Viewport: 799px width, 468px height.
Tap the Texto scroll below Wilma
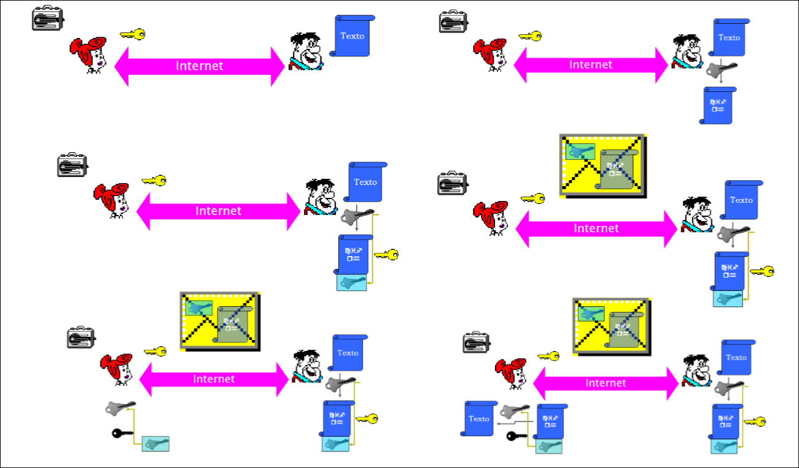479,418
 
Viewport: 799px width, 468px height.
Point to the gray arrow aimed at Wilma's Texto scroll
506,423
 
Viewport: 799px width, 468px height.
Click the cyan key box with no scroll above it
156,444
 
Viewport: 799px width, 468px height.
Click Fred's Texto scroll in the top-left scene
352,36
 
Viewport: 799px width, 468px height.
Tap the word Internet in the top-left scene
200,66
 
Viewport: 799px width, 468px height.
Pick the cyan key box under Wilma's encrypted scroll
550,447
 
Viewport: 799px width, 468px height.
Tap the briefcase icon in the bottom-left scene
81,338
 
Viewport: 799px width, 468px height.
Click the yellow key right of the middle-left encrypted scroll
387,254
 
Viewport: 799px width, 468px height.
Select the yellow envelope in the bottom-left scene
221,322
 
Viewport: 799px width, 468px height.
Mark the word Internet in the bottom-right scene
605,383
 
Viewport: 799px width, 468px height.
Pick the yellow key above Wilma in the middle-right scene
532,198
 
